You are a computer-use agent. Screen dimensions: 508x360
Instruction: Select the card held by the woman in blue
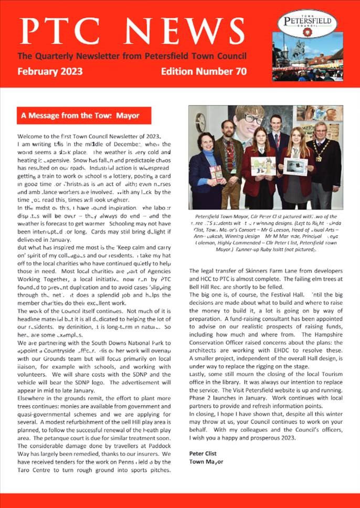point(216,173)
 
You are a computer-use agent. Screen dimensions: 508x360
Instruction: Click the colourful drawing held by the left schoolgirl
point(263,165)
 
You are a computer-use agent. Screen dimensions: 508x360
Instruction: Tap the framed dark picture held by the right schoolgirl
point(295,166)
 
